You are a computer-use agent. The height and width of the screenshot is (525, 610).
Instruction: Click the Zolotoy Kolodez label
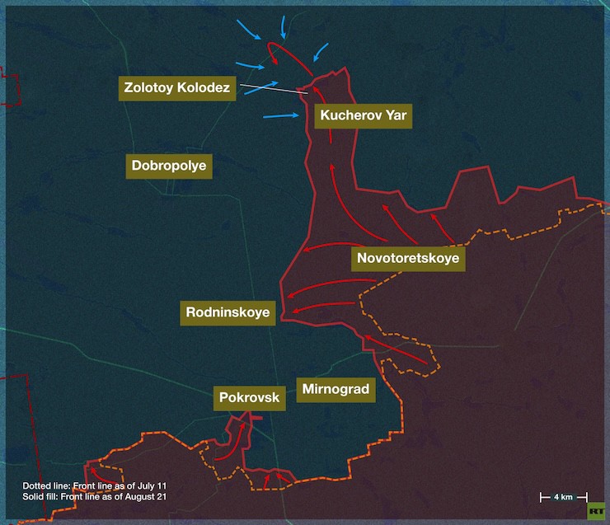click(x=178, y=87)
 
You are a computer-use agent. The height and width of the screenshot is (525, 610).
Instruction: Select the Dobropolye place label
click(x=170, y=166)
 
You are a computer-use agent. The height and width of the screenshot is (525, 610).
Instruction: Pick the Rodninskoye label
click(x=228, y=313)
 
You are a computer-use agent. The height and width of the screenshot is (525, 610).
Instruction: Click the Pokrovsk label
click(x=250, y=398)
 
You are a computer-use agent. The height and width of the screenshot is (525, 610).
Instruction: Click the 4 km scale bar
click(x=563, y=497)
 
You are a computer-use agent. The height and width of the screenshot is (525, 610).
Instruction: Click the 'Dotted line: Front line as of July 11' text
click(x=100, y=485)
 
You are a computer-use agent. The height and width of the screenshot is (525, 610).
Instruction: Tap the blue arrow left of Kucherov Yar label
click(x=281, y=116)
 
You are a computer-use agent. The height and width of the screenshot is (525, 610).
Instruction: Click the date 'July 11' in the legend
click(x=162, y=485)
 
